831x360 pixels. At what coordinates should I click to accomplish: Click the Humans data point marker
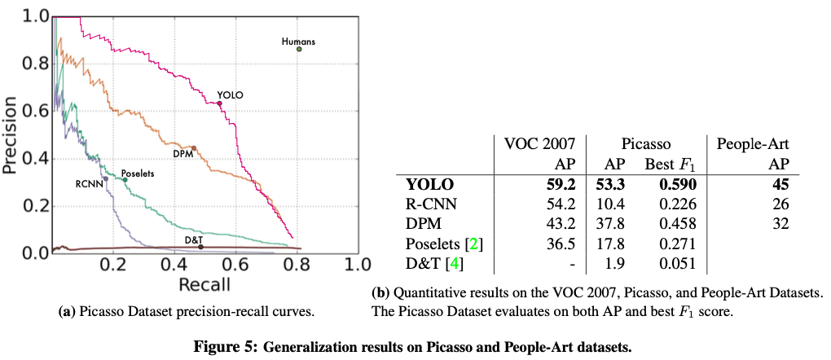(x=299, y=49)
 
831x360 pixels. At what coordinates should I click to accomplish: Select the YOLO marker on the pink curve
(x=219, y=103)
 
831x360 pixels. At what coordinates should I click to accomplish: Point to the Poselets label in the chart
(x=137, y=173)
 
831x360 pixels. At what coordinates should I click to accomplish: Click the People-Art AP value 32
(x=780, y=222)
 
